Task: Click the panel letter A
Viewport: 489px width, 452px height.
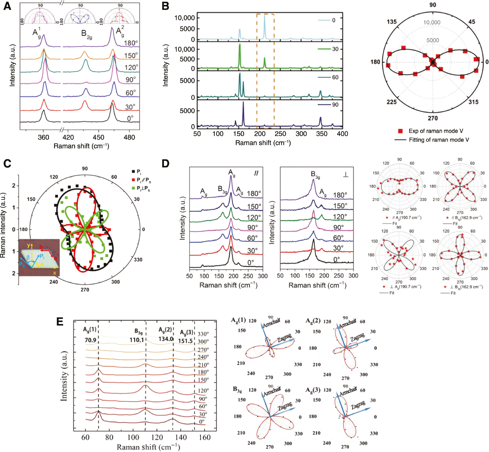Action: coord(7,6)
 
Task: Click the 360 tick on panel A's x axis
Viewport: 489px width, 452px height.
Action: coord(43,137)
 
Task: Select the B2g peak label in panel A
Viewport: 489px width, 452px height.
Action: coord(86,34)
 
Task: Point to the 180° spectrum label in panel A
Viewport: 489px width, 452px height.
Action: coord(131,43)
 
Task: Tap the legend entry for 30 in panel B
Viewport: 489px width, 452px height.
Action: coord(335,49)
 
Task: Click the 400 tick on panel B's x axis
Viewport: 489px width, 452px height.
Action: coord(342,134)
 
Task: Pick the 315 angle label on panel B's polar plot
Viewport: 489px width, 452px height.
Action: coord(473,102)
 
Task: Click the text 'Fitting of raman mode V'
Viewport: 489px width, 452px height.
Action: coord(439,140)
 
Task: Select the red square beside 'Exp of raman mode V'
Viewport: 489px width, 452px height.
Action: coord(400,131)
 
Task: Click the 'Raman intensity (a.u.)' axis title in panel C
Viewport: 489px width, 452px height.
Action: coord(3,225)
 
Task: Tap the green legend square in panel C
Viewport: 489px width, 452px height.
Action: coord(133,188)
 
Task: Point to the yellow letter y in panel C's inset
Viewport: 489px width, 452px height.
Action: coord(28,245)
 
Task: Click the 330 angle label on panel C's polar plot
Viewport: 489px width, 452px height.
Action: coord(138,259)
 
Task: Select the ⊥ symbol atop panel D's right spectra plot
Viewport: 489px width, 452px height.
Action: coord(345,174)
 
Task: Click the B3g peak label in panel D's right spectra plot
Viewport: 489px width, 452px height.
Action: coord(315,175)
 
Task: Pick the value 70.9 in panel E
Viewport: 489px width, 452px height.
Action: coord(90,340)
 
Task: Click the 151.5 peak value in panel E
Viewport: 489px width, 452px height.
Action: coord(185,341)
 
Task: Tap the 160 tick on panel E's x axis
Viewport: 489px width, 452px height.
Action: coord(205,437)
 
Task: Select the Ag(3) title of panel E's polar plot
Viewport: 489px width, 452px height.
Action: coord(313,390)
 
